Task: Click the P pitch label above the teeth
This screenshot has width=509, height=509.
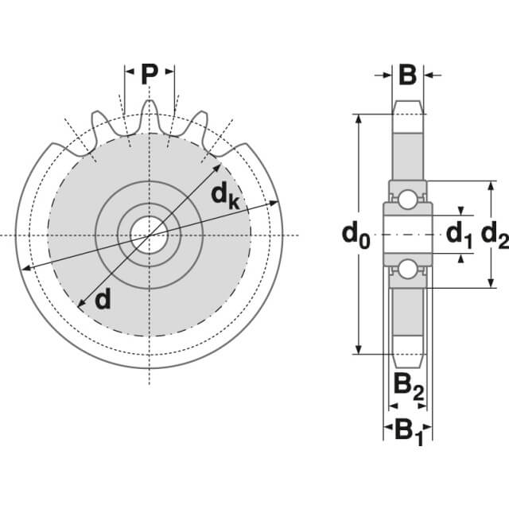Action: click(149, 74)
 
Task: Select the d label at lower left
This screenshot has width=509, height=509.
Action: click(102, 299)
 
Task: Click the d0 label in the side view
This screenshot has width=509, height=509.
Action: click(356, 235)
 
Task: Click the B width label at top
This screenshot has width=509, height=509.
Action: click(407, 76)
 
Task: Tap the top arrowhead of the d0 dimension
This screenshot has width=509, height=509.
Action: click(359, 118)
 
